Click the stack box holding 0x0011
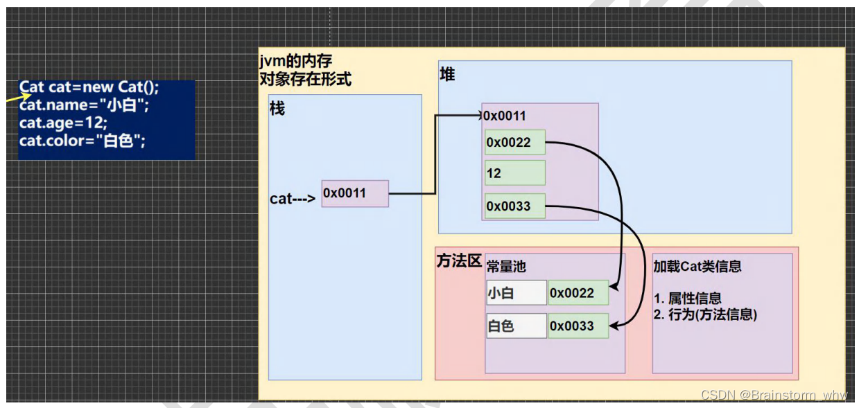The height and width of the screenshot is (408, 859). point(354,193)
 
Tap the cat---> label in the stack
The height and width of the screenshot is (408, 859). point(293,199)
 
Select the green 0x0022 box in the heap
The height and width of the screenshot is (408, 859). point(514,143)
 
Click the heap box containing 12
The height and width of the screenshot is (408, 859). point(514,173)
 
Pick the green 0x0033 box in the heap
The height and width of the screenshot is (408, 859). point(514,206)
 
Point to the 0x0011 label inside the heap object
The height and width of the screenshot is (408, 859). point(505,116)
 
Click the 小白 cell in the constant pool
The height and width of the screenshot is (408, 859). point(516,293)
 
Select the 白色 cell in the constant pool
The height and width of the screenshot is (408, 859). point(516,326)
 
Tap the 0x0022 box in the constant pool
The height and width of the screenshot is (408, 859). point(578,293)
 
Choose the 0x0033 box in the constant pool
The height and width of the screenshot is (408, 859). point(578,326)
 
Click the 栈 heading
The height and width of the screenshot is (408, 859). point(277,109)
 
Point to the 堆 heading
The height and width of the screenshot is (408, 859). point(448,75)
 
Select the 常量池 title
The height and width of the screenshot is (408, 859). point(507,266)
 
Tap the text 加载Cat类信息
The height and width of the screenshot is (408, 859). point(697,266)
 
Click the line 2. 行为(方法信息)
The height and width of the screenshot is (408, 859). point(705,314)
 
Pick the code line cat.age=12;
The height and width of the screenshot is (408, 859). point(63,123)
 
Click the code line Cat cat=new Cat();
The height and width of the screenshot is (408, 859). point(89,88)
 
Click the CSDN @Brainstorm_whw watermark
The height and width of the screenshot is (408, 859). point(774,395)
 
